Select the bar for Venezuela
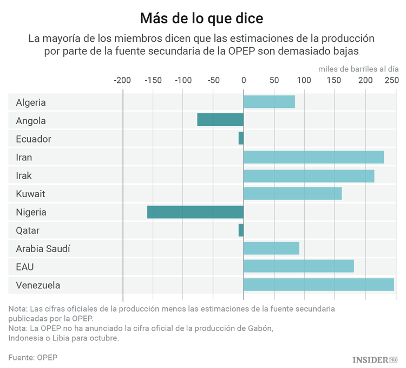(x=318, y=285)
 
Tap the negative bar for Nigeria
(x=195, y=212)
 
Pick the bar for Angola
(x=220, y=120)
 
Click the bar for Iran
(x=313, y=157)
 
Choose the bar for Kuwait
(x=292, y=193)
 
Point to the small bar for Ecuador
(x=241, y=139)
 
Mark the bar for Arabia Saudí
(x=271, y=248)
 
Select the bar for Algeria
(x=269, y=102)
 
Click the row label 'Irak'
(x=24, y=176)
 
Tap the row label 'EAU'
(x=25, y=267)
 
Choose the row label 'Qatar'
(x=28, y=230)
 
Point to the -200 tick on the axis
(x=122, y=80)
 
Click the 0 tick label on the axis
(x=244, y=80)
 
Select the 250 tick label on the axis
(x=391, y=80)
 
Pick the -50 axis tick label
(x=213, y=80)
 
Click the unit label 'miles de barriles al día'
(x=358, y=69)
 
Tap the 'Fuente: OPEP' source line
(x=32, y=357)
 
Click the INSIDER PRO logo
(x=375, y=359)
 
